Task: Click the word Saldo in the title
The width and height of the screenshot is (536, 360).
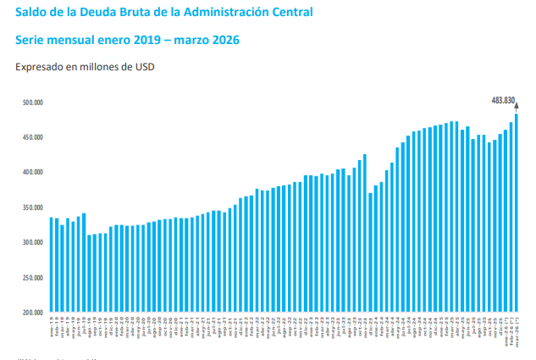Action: [32, 13]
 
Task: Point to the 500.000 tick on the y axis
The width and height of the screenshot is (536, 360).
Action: [33, 102]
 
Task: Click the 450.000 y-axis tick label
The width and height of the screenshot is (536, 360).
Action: [33, 137]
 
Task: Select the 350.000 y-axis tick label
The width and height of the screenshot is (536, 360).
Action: [33, 208]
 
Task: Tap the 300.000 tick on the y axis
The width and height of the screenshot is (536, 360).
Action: [33, 242]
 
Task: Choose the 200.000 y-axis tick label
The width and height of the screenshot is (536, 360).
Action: [33, 312]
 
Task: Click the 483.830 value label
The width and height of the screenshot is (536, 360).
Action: [503, 100]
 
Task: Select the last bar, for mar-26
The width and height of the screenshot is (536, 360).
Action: [517, 212]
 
